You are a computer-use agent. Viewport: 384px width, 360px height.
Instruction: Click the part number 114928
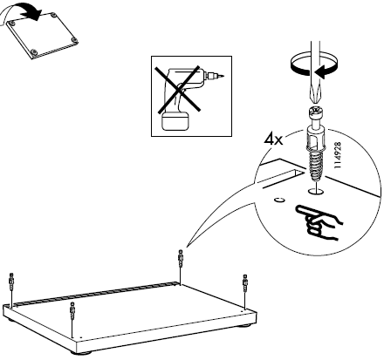(x=338, y=155)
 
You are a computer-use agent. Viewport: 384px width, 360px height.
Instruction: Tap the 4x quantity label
(x=273, y=139)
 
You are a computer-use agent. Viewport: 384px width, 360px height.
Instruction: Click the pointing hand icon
(x=319, y=222)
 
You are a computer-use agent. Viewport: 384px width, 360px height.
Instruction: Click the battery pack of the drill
(x=175, y=121)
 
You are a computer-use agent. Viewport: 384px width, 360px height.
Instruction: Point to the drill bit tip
(x=223, y=77)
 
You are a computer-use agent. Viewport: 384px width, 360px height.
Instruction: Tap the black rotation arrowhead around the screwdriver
(x=322, y=72)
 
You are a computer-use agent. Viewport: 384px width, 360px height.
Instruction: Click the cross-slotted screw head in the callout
(x=317, y=112)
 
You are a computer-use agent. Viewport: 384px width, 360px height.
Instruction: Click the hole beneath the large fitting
(x=316, y=191)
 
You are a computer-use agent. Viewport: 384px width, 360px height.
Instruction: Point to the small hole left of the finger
(x=279, y=200)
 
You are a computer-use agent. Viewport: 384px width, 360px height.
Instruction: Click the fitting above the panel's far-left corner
(x=11, y=282)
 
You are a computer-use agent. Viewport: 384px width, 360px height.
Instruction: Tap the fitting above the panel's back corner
(x=181, y=259)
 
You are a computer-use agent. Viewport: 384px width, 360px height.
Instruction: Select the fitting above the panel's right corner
(x=245, y=283)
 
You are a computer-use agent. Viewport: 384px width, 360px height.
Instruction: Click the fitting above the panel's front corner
(x=72, y=311)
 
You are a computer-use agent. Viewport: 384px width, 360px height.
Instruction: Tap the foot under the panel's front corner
(x=80, y=352)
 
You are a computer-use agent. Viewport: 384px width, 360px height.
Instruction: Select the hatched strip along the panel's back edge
(x=96, y=294)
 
